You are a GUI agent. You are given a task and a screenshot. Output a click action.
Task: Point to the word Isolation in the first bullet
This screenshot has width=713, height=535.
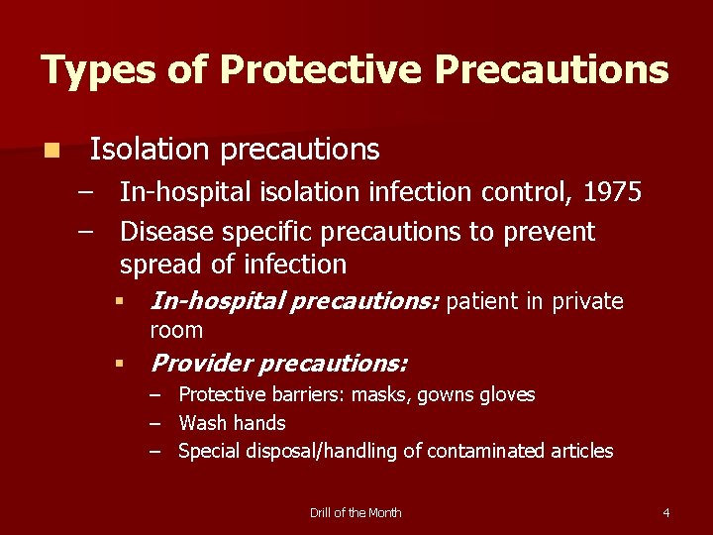[x=150, y=150]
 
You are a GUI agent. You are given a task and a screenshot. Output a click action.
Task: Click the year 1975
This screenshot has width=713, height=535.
[x=612, y=192]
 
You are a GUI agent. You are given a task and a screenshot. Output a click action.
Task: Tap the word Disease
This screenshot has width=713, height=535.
[x=167, y=232]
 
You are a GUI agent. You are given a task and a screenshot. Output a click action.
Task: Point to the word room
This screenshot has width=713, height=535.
[x=175, y=330]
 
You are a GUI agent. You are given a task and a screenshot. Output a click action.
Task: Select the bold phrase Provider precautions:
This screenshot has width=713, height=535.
[x=278, y=364]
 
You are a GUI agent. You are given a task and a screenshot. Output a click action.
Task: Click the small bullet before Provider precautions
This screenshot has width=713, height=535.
[x=117, y=365]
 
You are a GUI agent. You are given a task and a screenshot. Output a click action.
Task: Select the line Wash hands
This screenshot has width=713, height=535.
[x=232, y=423]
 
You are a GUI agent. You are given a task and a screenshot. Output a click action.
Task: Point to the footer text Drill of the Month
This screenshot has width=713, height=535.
[x=356, y=512]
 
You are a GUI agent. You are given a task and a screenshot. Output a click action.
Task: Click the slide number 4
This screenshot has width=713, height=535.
[x=665, y=512]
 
